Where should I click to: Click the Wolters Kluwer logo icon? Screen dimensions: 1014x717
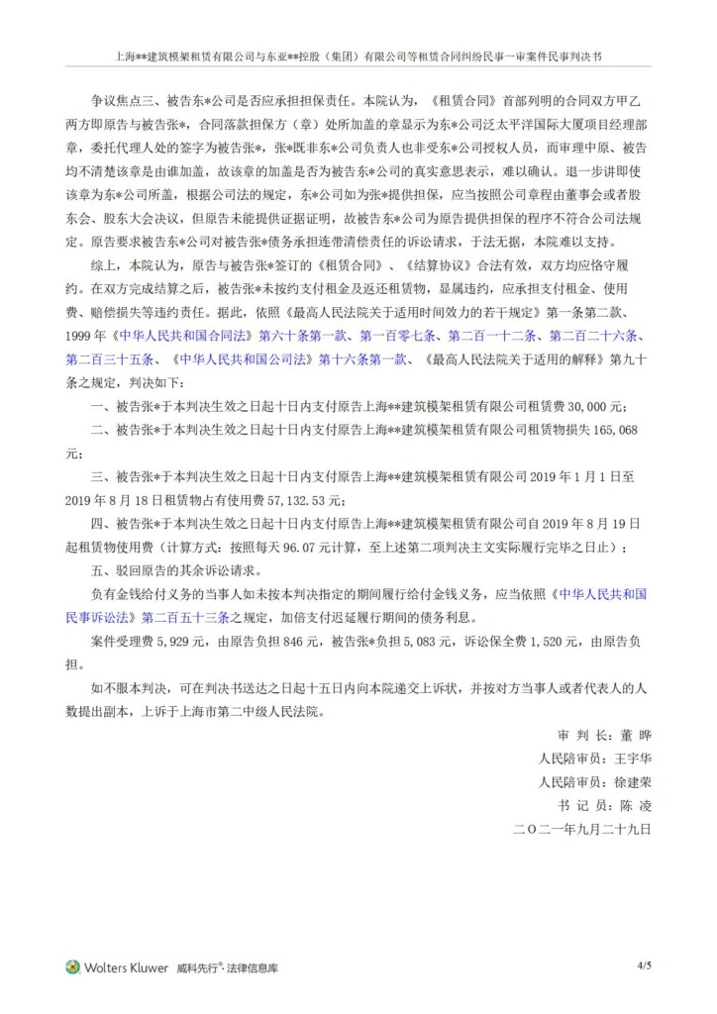tap(71, 967)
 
